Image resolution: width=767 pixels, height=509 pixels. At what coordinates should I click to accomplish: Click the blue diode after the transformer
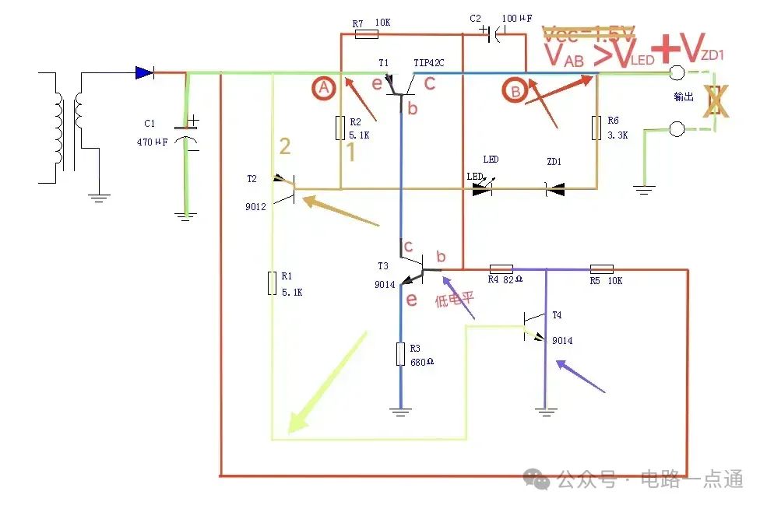click(x=144, y=72)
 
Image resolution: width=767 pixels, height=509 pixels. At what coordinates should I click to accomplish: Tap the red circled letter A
click(x=325, y=90)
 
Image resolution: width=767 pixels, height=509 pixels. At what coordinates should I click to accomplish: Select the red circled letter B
click(x=515, y=91)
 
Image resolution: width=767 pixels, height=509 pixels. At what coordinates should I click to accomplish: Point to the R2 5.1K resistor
click(x=340, y=128)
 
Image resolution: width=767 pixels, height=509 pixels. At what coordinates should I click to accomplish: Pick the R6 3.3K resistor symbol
click(x=597, y=127)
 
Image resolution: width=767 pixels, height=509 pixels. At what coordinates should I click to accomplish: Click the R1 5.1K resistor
click(x=273, y=283)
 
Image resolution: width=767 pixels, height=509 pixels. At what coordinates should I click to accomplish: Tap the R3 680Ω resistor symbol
click(x=401, y=354)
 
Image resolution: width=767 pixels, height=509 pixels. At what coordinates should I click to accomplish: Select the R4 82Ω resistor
click(x=501, y=269)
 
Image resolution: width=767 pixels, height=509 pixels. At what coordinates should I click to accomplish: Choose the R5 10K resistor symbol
click(x=602, y=269)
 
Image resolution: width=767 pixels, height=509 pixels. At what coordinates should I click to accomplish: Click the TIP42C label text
click(x=428, y=63)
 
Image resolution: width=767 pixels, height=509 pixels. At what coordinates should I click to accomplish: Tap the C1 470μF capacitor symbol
click(x=186, y=132)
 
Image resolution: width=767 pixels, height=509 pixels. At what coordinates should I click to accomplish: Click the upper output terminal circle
click(x=677, y=73)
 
